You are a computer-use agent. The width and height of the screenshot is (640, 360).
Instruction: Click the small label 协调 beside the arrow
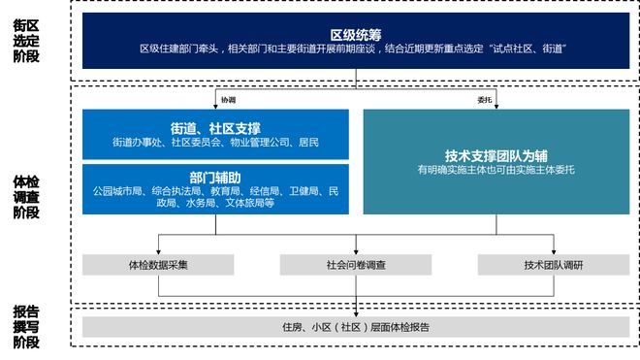[228, 99]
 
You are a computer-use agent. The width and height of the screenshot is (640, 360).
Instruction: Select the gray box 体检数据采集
[157, 264]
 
